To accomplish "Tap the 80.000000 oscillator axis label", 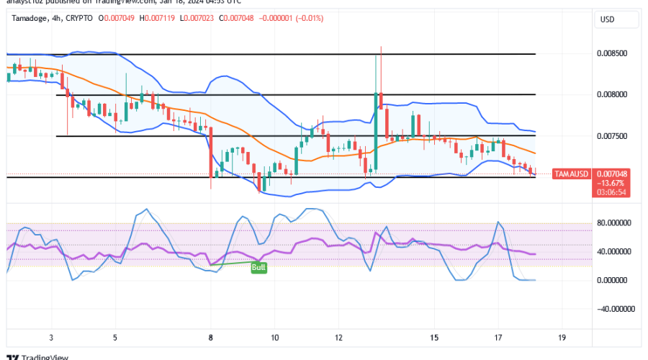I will (x=616, y=223).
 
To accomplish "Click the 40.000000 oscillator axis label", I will (x=616, y=251).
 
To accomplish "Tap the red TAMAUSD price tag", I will (x=572, y=174).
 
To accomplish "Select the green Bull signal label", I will (x=258, y=268).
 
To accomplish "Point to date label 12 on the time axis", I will (x=338, y=337).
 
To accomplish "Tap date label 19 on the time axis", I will (x=563, y=337).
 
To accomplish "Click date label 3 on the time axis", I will (x=50, y=337).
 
